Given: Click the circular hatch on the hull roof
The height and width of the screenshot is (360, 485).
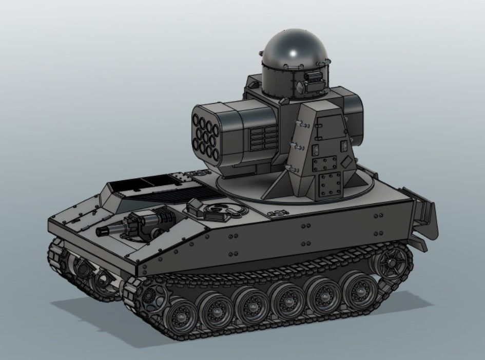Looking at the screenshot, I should tap(221, 209).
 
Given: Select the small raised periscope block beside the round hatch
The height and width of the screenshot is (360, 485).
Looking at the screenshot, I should tap(196, 206).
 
